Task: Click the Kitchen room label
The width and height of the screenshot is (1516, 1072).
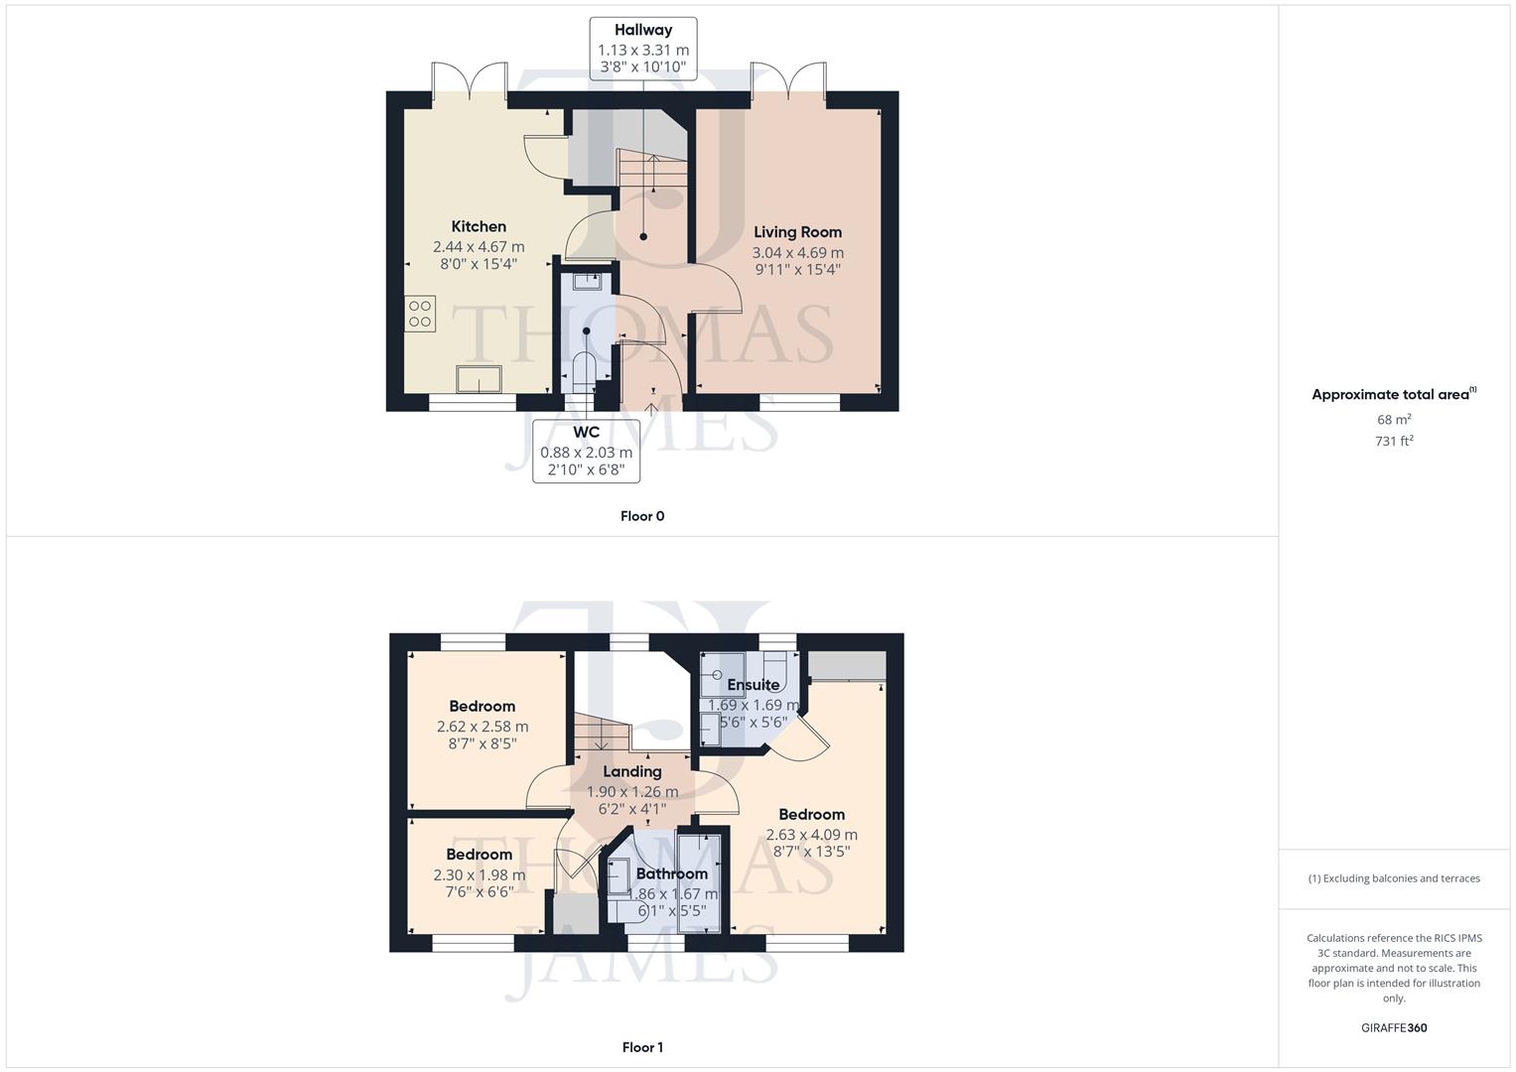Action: point(479,226)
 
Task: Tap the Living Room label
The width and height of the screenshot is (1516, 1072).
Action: point(797,232)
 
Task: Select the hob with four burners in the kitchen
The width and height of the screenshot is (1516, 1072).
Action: point(420,314)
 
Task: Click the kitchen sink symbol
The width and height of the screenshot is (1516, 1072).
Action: point(479,379)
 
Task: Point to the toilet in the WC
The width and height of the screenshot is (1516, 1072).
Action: point(585,371)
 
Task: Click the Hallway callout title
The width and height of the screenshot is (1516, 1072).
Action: point(642,30)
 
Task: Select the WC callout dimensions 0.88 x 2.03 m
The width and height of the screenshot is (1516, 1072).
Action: point(586,452)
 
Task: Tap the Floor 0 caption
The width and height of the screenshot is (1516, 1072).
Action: point(642,516)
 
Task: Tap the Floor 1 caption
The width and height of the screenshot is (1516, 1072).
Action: point(642,1047)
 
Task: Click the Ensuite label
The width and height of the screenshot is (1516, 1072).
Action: point(753,685)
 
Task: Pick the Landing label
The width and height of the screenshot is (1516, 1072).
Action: point(632,771)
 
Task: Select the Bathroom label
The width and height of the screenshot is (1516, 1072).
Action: point(672,873)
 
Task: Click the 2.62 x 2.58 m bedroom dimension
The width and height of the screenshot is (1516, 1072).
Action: point(482,727)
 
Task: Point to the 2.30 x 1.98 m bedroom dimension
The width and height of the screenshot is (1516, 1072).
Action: point(480,874)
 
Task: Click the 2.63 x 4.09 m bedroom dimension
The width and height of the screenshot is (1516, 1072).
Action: point(811,835)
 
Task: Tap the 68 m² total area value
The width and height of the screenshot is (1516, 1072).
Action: point(1394,420)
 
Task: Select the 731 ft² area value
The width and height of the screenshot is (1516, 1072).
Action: point(1394,441)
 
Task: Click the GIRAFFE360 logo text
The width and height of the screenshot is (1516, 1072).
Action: point(1394,1028)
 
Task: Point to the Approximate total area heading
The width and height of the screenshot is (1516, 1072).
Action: point(1392,394)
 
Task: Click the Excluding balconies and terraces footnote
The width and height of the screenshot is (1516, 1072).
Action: point(1394,878)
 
